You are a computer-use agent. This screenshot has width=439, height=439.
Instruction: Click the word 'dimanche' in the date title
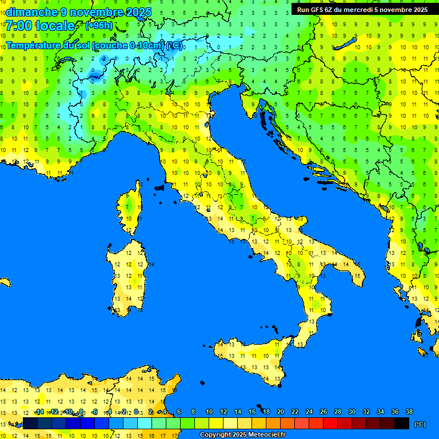point(31,12)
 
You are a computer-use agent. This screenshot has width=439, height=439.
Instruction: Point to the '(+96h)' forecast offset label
point(99,26)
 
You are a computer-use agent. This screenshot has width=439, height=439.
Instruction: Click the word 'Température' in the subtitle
point(33,45)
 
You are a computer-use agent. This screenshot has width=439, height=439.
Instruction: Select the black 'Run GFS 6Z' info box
point(362,9)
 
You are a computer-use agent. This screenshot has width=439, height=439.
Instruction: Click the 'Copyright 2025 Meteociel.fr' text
point(242,435)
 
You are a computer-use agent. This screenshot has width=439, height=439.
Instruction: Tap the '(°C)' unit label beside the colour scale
point(420,424)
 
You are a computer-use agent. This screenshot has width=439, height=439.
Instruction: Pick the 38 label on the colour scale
point(409,412)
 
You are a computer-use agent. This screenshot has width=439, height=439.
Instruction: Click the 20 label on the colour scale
point(280,412)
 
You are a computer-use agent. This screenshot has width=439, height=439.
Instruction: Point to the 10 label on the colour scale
point(209,412)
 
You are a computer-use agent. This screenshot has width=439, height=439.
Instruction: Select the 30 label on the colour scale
point(352,412)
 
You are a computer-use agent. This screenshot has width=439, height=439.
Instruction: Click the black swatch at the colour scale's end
point(402,424)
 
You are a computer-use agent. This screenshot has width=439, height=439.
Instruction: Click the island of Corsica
point(131,209)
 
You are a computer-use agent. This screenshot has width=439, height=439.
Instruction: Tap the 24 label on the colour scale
point(309,412)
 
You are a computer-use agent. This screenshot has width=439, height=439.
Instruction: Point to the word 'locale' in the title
point(55,26)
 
